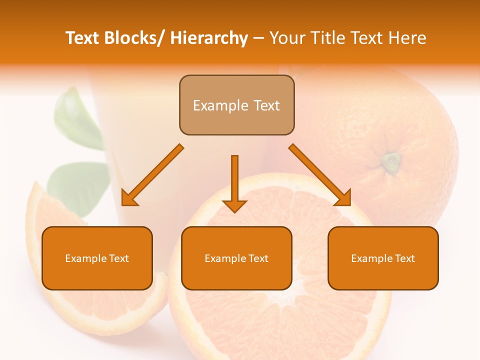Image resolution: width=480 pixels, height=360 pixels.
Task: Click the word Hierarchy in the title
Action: click(209, 38)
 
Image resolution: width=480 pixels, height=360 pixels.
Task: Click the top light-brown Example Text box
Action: click(236, 105)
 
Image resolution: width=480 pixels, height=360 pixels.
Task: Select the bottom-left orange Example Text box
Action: click(97, 258)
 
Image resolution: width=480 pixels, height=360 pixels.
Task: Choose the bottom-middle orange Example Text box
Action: click(236, 258)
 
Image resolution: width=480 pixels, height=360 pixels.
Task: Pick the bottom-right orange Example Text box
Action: click(383, 258)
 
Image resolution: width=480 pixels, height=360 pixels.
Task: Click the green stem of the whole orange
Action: click(391, 161)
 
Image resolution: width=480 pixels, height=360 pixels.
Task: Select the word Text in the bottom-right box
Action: click(404, 258)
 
